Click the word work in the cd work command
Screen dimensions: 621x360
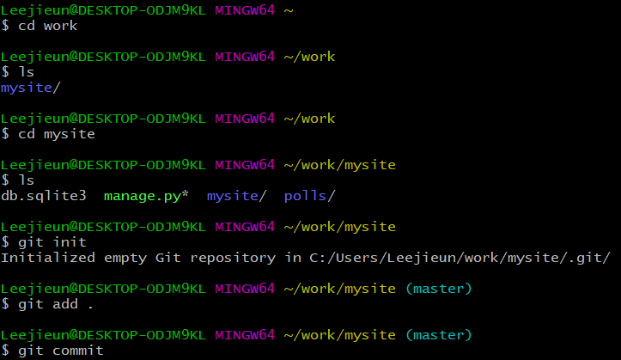[x=60, y=26]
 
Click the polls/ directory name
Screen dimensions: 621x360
[x=309, y=196]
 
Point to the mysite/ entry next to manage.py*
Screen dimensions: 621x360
[x=233, y=196]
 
